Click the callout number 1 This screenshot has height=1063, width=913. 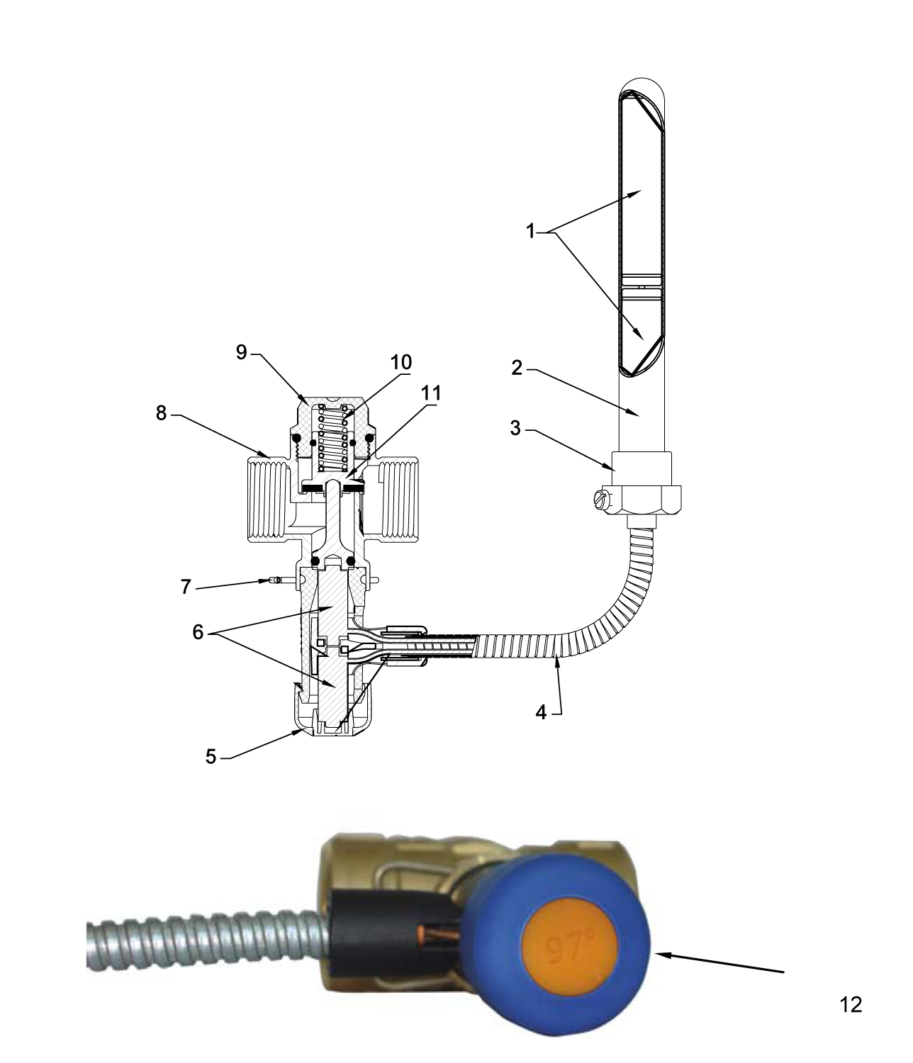(x=531, y=231)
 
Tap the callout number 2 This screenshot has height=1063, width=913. (x=517, y=368)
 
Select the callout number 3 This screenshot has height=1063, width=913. (x=515, y=428)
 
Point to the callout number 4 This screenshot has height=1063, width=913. (x=541, y=713)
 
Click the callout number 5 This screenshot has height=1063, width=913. (x=211, y=756)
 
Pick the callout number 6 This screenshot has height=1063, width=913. (x=198, y=632)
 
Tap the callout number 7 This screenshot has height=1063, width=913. (x=186, y=587)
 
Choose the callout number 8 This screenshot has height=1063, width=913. (x=162, y=413)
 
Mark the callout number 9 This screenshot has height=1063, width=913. (x=242, y=352)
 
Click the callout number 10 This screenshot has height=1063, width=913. (x=401, y=362)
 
